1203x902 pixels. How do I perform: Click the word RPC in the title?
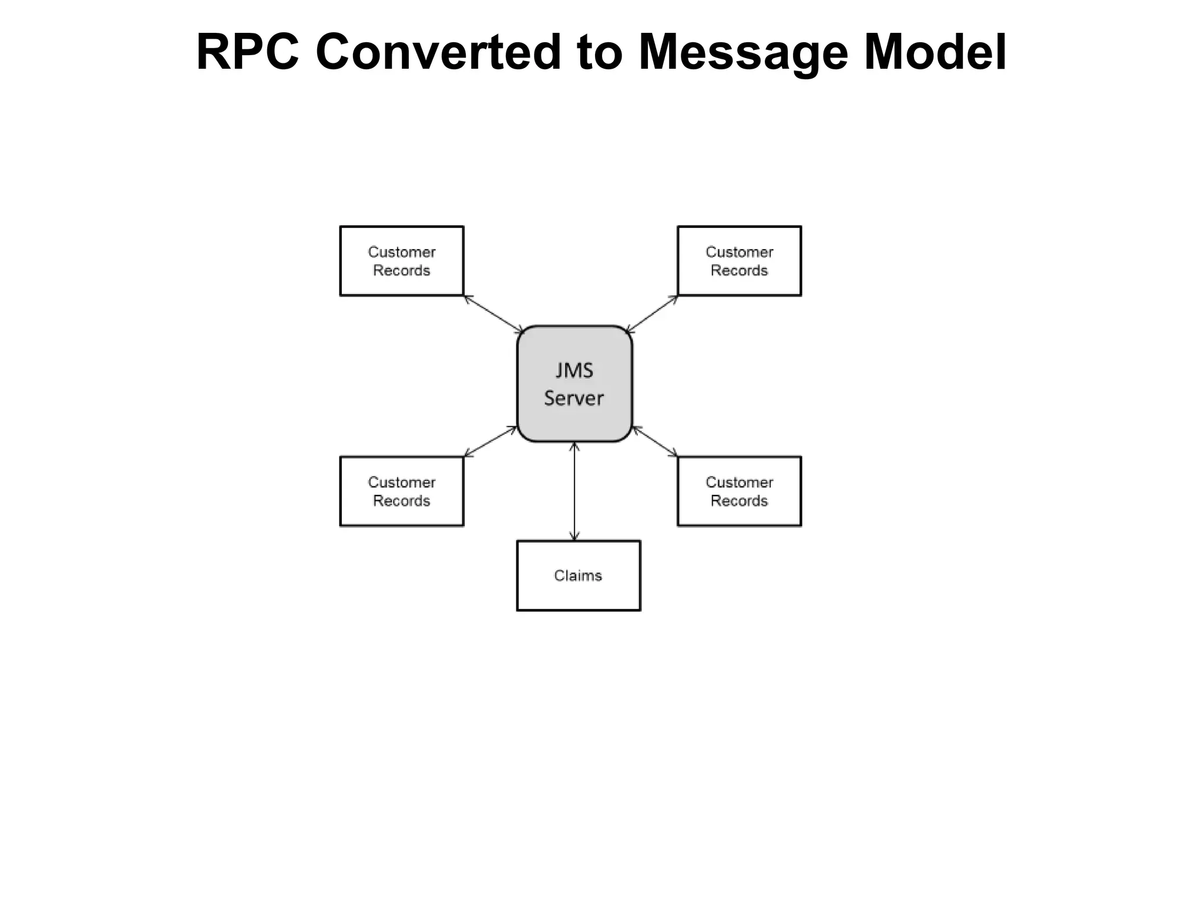(x=247, y=53)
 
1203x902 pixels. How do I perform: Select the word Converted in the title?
(x=438, y=53)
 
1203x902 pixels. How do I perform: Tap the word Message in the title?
(x=742, y=53)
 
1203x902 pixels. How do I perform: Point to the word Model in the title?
(x=935, y=53)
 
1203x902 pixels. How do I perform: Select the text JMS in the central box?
(x=574, y=371)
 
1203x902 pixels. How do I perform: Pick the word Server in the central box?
(x=574, y=398)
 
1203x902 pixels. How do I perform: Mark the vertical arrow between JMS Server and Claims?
(x=574, y=491)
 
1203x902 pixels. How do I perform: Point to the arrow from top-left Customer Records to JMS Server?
(x=493, y=314)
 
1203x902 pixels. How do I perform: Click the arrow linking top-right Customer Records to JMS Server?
(x=652, y=314)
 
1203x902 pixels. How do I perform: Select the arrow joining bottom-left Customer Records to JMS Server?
(x=491, y=441)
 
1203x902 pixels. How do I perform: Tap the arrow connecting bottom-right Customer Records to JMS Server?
(x=654, y=441)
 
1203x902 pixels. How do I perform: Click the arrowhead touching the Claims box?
(x=574, y=536)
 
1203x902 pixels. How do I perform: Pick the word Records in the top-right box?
(x=739, y=271)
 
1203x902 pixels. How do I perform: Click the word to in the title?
(x=599, y=53)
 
